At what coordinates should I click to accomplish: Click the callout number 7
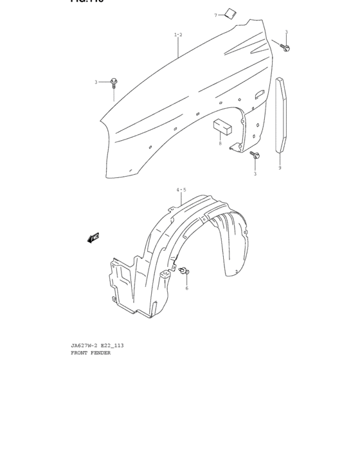(216, 15)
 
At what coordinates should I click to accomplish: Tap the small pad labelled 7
(230, 13)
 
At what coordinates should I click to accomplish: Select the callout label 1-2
(178, 35)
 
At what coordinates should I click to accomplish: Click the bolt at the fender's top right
(285, 47)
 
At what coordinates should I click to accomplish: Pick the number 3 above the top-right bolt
(286, 32)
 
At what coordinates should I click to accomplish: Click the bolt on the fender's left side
(114, 82)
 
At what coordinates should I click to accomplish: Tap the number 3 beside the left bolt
(96, 82)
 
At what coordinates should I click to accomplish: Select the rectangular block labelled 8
(222, 126)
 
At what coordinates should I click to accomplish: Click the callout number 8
(220, 144)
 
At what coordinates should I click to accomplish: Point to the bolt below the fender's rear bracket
(255, 156)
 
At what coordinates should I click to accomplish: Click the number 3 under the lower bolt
(255, 174)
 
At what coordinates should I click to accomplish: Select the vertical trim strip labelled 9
(281, 116)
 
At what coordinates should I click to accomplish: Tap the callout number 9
(280, 168)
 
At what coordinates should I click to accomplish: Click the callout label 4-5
(181, 190)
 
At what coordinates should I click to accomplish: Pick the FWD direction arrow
(94, 238)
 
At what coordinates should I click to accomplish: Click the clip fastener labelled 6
(186, 271)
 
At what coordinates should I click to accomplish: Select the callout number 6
(187, 288)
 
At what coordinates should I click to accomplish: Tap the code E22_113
(112, 346)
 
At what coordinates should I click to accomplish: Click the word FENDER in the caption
(101, 353)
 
